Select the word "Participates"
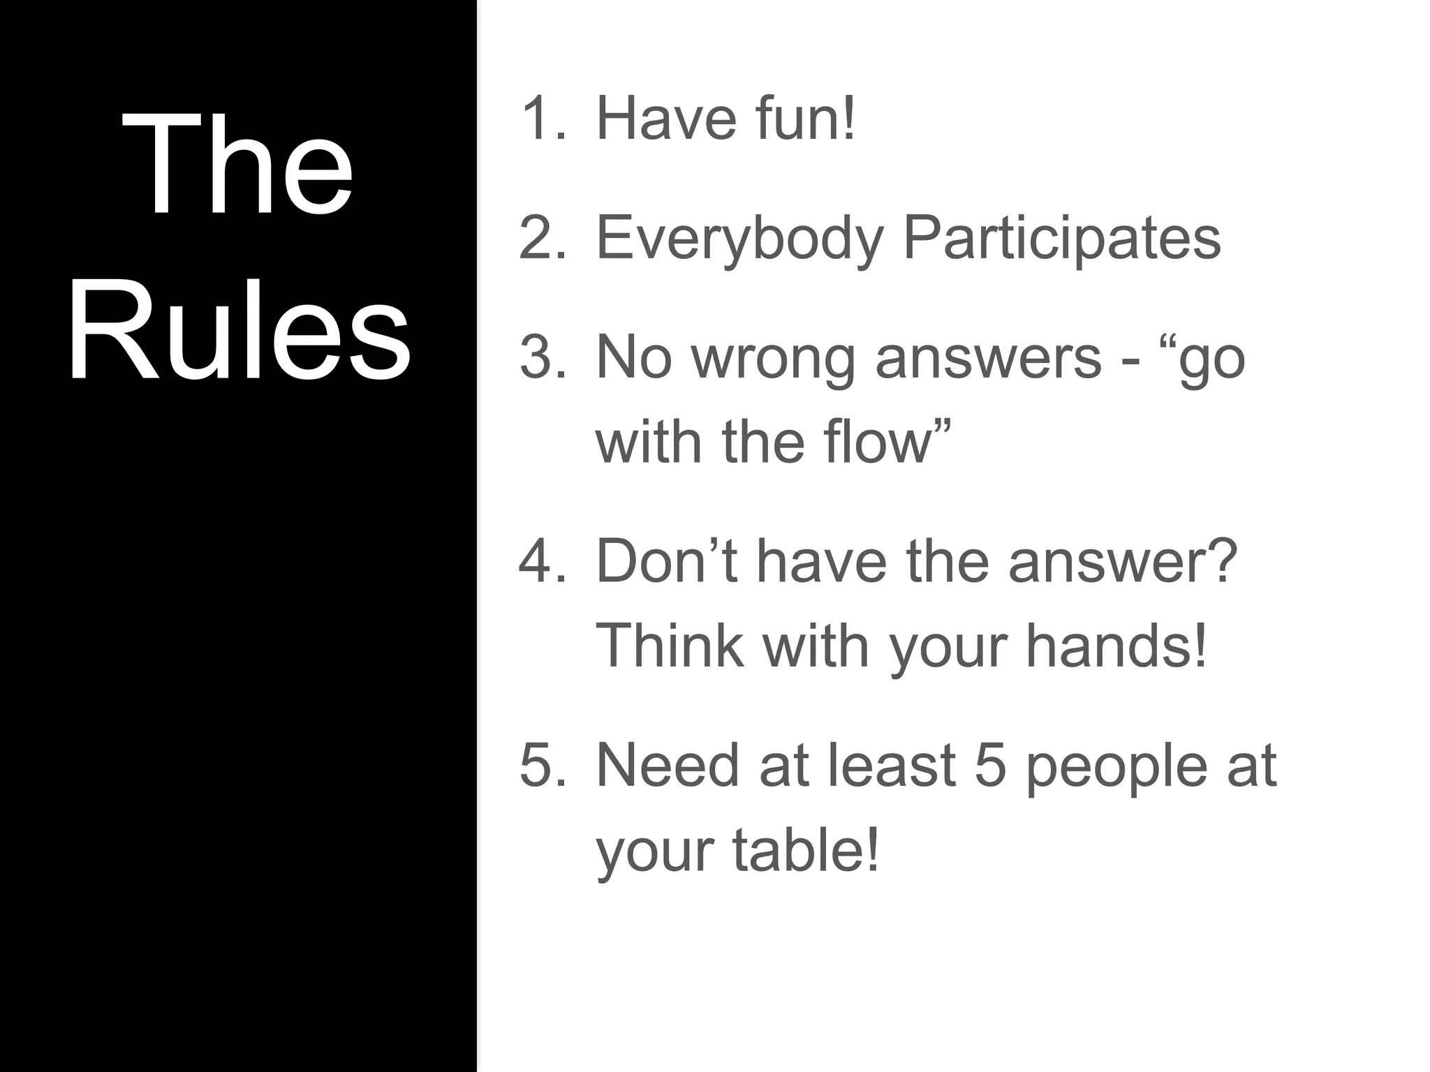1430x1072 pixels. pyautogui.click(x=1061, y=238)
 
